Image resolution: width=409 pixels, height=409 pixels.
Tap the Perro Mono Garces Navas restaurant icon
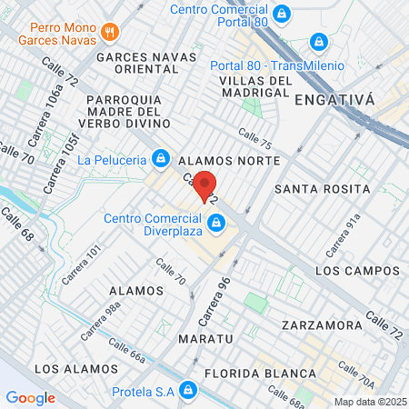coord(110,31)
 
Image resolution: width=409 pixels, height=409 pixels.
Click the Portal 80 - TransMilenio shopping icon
coord(318,42)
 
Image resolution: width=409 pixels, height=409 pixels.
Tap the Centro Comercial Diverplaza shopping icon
coord(216,223)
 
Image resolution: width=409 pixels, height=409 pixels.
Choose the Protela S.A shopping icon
coord(187,391)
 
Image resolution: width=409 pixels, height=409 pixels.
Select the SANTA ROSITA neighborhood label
coord(322,189)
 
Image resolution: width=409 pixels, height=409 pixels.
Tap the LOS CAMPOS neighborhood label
coord(357,271)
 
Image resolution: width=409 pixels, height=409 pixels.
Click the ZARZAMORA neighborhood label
coord(316,324)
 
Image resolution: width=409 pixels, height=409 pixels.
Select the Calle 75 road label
coord(254,137)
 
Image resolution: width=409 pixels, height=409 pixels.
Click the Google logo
coord(30,397)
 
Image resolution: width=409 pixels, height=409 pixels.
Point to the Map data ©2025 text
coord(370,402)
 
